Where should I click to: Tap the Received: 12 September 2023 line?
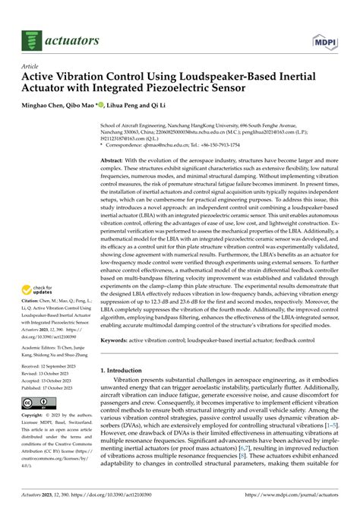(x=55, y=366)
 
